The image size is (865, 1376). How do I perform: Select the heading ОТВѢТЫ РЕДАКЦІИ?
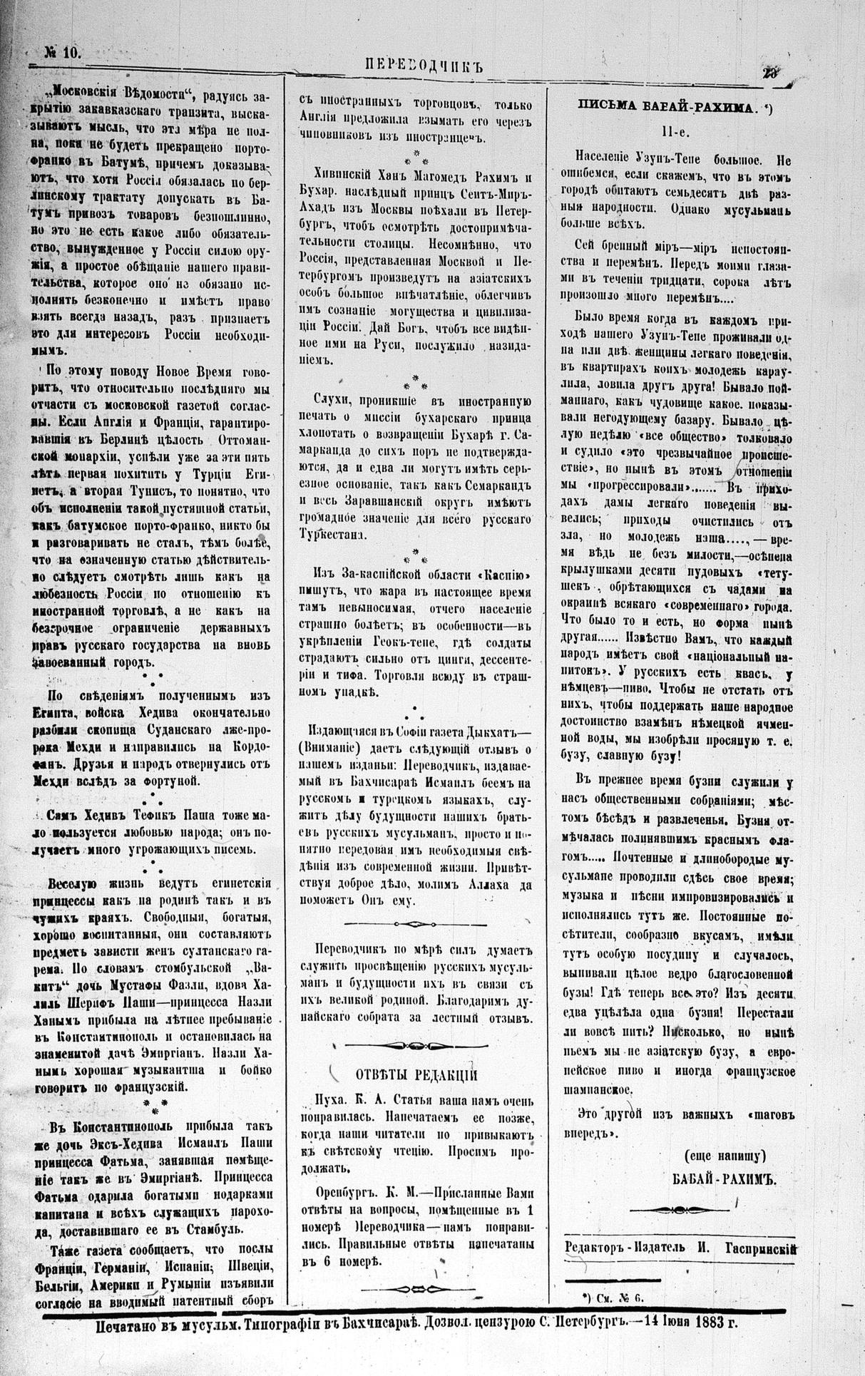click(416, 1076)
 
